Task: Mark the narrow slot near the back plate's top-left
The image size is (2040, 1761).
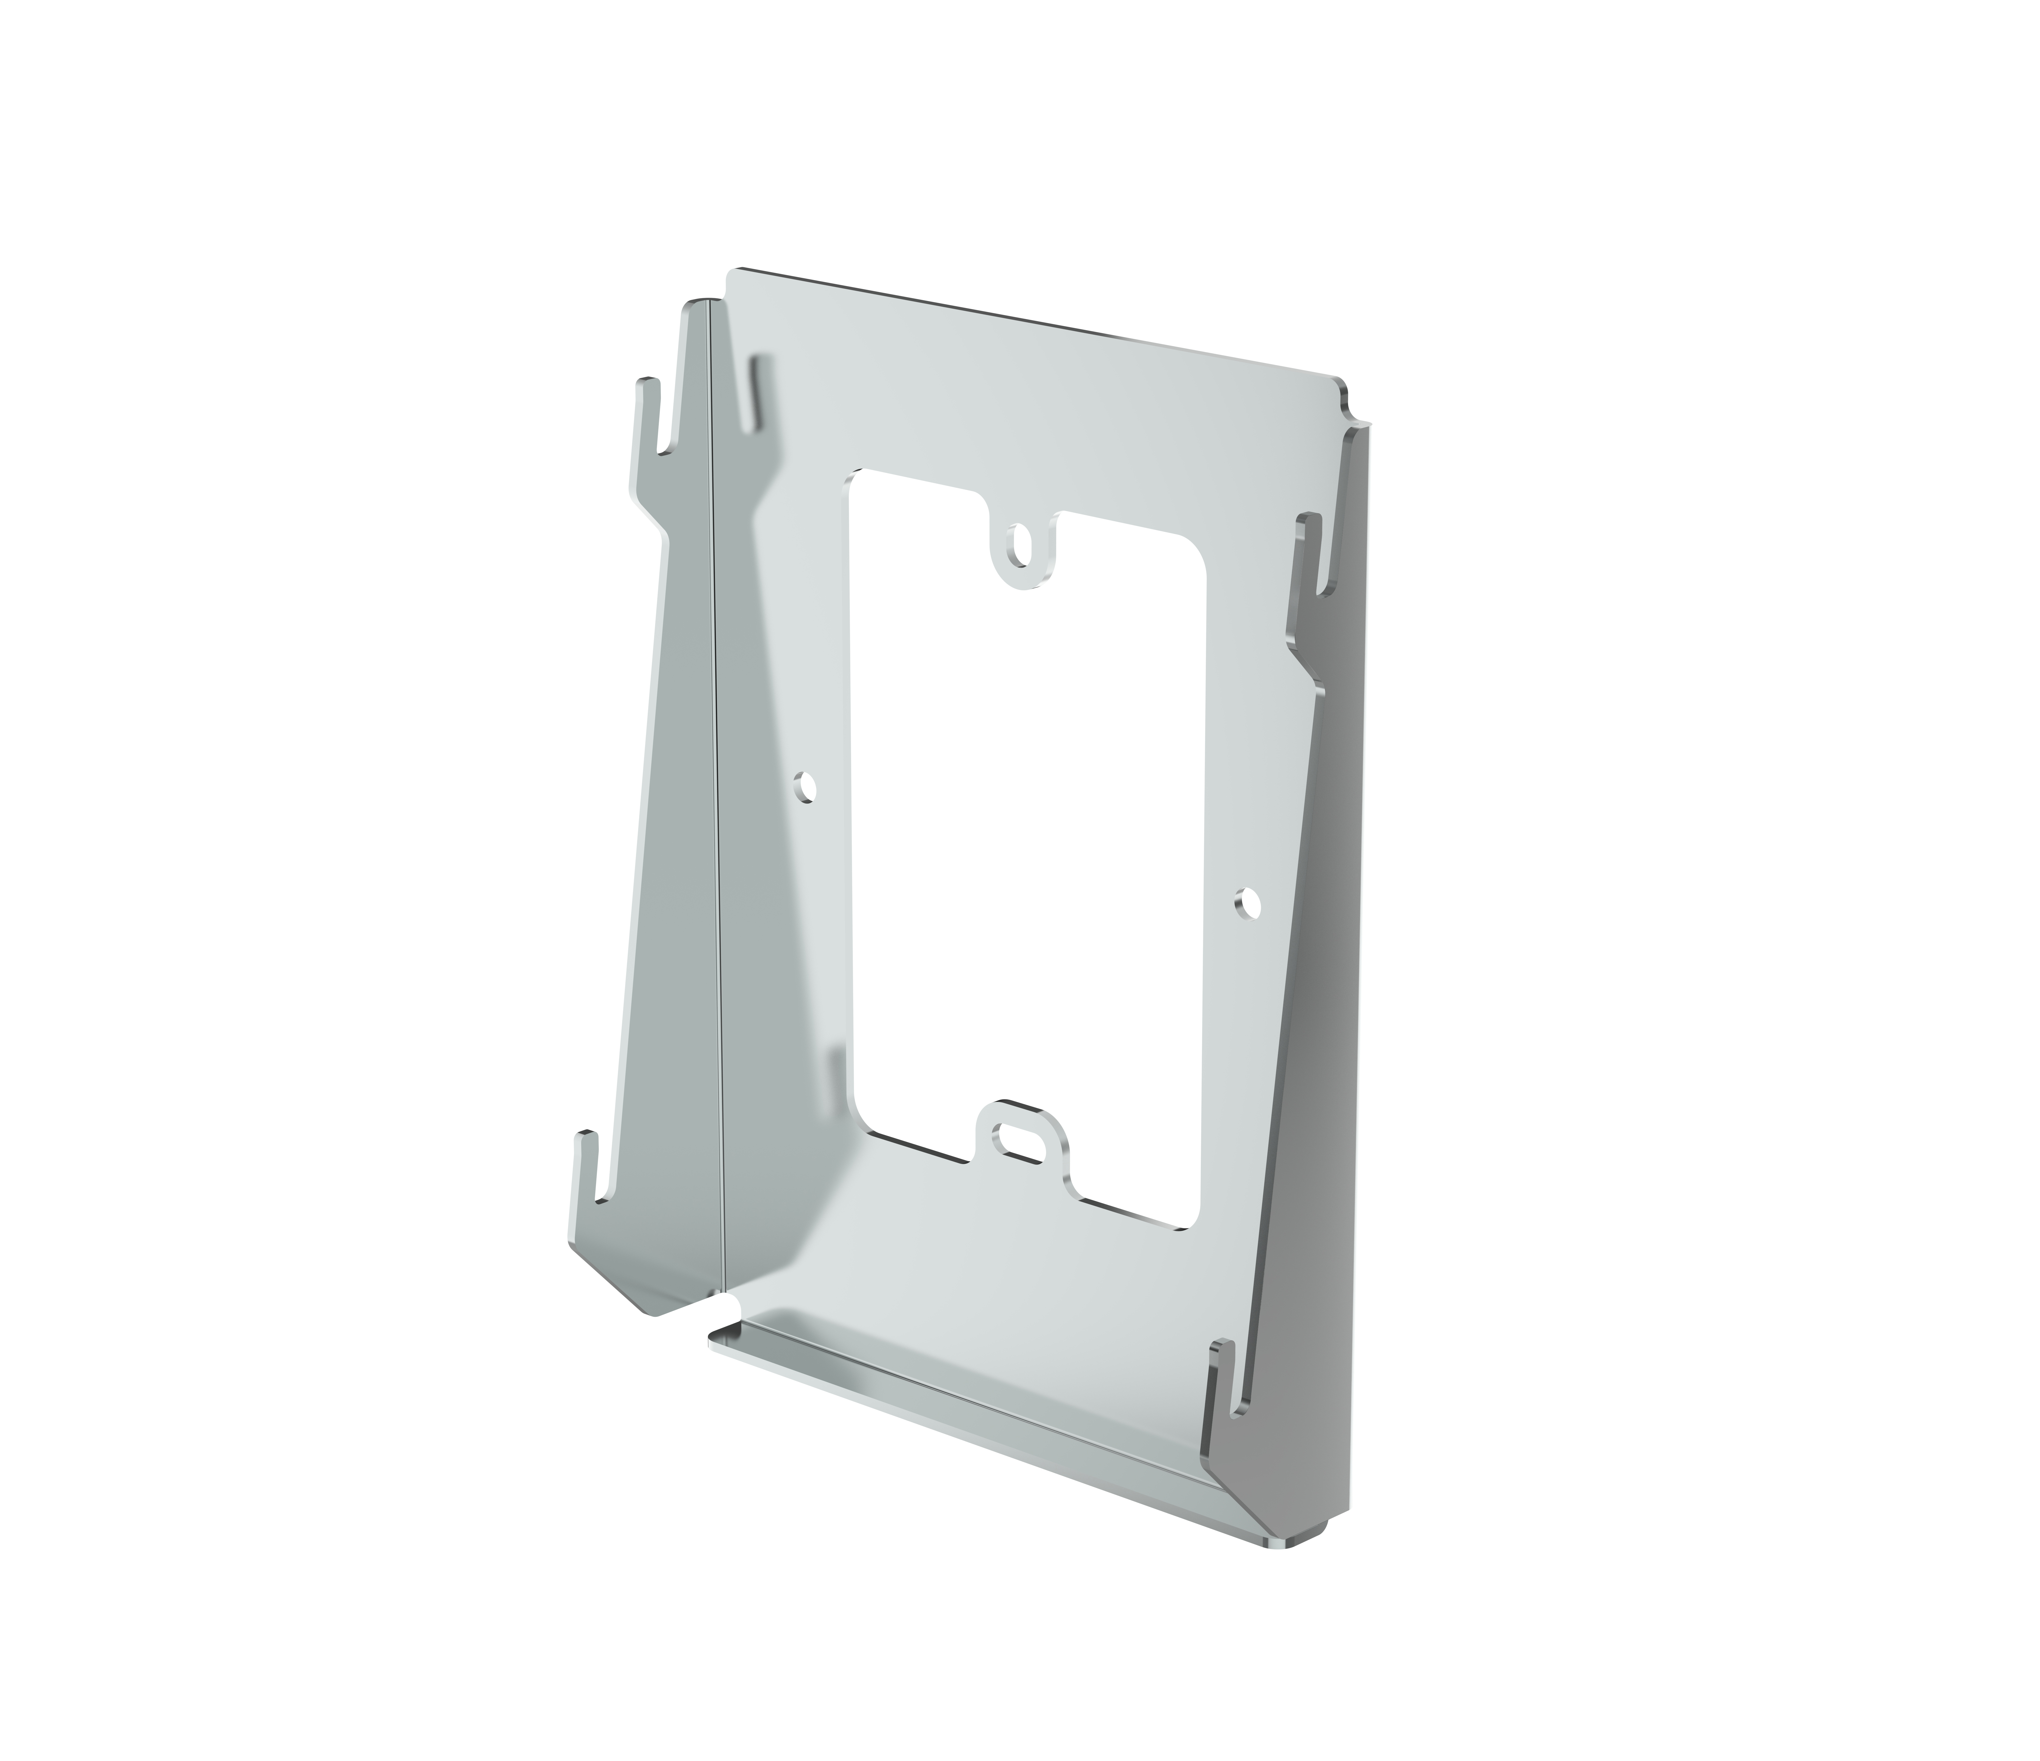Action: click(x=759, y=394)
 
